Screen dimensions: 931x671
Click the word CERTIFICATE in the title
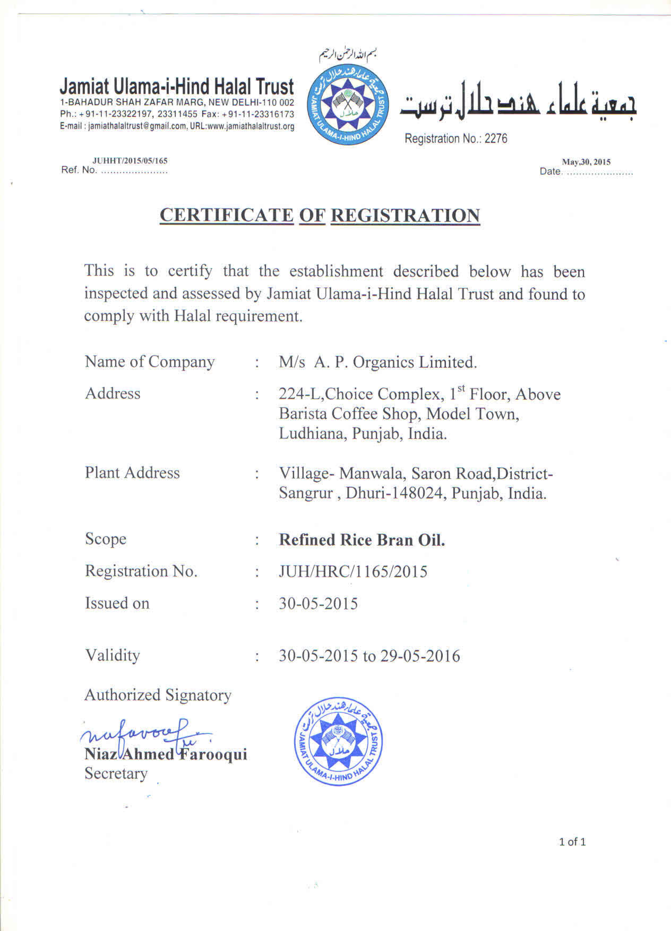(x=226, y=215)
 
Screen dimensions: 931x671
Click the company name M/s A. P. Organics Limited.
(x=378, y=362)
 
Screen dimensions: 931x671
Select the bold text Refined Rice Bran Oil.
(x=362, y=540)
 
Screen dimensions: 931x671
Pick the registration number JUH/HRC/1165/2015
(x=353, y=572)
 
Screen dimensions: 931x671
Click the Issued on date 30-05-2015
(x=318, y=603)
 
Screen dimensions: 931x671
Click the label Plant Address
(x=132, y=473)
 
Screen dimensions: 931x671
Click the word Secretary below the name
(x=116, y=773)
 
